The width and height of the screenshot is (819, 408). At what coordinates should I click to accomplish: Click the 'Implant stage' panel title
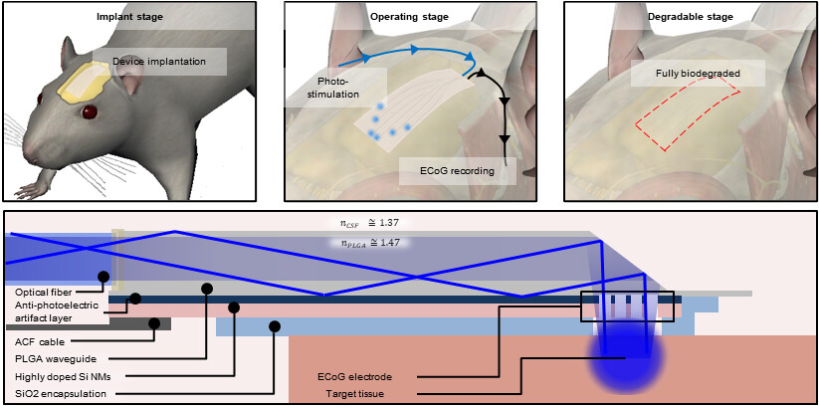point(136,17)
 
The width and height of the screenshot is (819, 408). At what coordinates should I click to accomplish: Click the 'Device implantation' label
point(159,62)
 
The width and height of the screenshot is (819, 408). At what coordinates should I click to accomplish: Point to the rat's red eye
point(91,112)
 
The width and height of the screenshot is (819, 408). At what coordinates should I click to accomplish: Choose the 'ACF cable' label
point(39,339)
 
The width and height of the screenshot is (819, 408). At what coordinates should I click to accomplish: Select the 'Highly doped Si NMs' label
point(64,376)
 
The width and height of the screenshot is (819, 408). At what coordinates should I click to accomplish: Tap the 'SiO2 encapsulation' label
point(62,394)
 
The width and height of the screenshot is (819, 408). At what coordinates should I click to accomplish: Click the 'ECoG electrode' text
point(356,377)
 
